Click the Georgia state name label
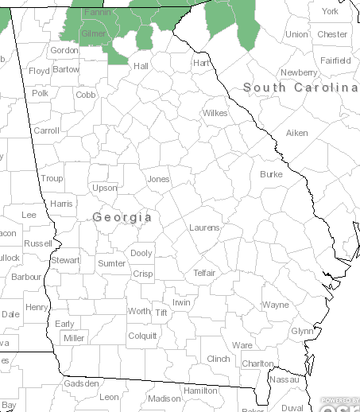tap(122, 216)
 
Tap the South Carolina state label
tap(300, 87)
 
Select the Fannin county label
tap(98, 14)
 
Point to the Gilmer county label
tap(94, 34)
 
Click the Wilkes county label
tap(215, 113)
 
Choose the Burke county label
tap(271, 173)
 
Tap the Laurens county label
tap(204, 227)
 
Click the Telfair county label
tap(204, 273)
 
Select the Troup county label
tap(52, 179)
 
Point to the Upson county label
tap(104, 189)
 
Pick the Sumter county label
tap(111, 263)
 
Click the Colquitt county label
tap(142, 336)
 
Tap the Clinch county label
tap(218, 359)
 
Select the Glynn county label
tap(302, 331)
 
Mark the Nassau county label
tap(285, 380)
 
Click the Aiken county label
tap(296, 133)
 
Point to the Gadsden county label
tap(82, 383)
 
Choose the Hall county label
tap(141, 65)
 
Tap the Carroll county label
tap(47, 130)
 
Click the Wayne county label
tap(276, 305)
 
